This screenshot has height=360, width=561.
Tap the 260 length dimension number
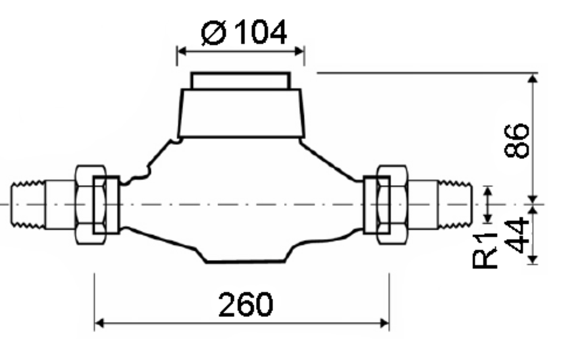pos(246,304)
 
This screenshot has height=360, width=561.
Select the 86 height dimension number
pos(516,141)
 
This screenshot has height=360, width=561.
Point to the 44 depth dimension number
pos(516,235)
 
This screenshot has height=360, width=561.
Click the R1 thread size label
pos(485,251)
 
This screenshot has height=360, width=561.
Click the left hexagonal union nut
pos(90,205)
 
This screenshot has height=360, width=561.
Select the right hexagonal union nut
pos(392,205)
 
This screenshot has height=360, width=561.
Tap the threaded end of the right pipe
pos(455,205)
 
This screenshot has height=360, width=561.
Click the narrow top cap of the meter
pos(240,81)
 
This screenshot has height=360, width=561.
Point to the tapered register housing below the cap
pos(240,113)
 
